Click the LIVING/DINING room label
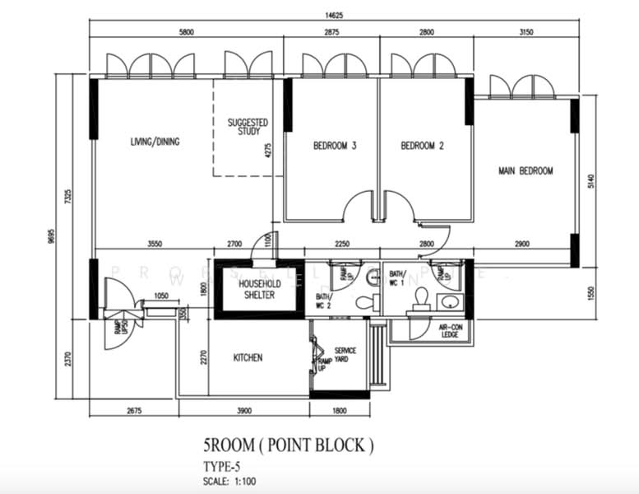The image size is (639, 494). [155, 142]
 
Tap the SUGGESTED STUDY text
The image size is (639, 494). [244, 127]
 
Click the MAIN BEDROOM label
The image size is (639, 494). [526, 171]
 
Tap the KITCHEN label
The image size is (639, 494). [248, 357]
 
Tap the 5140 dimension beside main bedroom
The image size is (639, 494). [590, 185]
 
